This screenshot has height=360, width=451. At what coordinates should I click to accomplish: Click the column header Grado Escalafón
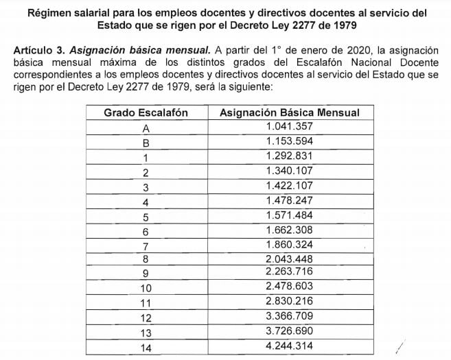tap(146, 112)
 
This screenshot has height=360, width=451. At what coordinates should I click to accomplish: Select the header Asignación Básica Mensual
tap(289, 112)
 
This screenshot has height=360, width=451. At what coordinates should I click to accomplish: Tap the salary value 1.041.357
tap(289, 127)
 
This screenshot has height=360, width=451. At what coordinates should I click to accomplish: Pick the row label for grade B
tap(146, 142)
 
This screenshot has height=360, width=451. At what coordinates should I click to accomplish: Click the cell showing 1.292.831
tap(289, 156)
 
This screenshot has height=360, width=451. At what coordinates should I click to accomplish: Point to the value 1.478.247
tap(289, 201)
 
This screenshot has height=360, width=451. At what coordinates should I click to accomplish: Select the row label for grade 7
tap(146, 245)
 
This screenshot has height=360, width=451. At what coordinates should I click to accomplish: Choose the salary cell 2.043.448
tap(289, 259)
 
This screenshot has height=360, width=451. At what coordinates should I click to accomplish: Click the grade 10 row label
tap(146, 289)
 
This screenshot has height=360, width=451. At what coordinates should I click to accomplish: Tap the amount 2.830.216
tap(289, 303)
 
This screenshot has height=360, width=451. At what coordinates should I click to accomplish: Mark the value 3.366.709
tap(289, 318)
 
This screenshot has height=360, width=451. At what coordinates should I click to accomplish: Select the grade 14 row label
tap(146, 348)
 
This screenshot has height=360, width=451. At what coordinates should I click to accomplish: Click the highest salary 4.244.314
tap(289, 348)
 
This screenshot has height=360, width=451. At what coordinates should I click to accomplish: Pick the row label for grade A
tap(146, 128)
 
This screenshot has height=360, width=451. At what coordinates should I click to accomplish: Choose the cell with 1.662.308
tap(289, 230)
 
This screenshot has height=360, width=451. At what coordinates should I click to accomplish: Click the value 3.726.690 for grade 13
tap(289, 333)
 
